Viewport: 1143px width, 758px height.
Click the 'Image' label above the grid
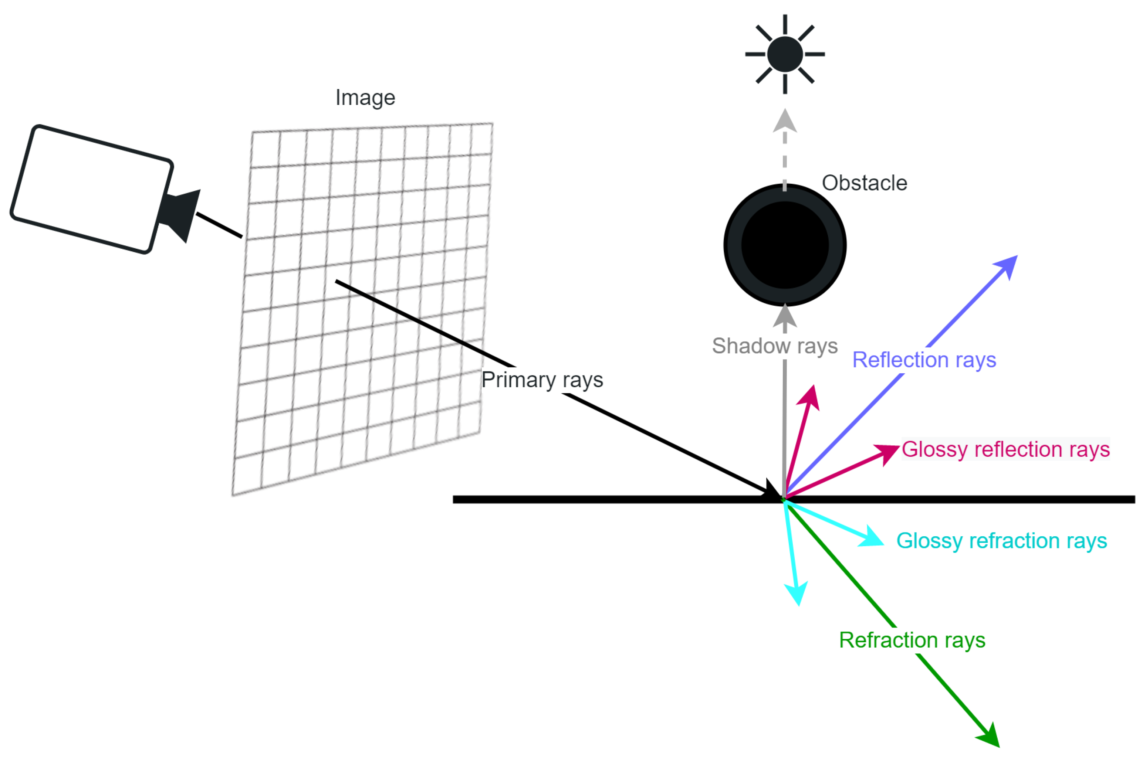click(365, 98)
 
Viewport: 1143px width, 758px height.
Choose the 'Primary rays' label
click(542, 380)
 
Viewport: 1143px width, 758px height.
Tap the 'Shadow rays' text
click(774, 346)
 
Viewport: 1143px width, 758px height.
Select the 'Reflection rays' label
click(923, 360)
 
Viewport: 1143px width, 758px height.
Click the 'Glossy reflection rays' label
click(1005, 449)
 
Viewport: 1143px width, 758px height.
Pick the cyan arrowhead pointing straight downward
click(796, 593)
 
